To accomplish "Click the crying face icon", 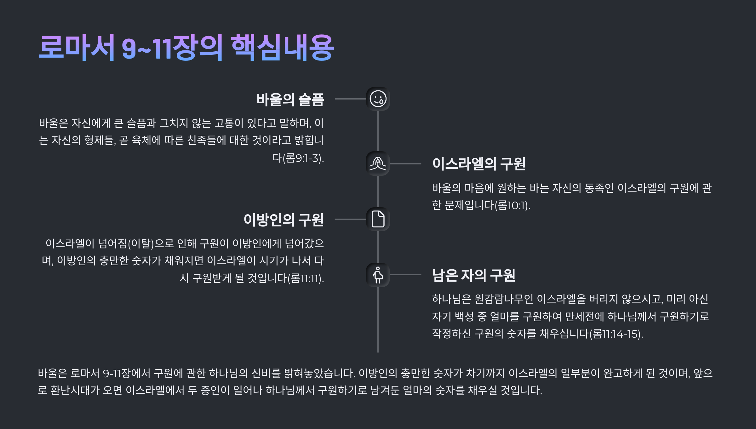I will tap(378, 99).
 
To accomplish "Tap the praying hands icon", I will tap(378, 163).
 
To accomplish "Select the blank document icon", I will tap(378, 219).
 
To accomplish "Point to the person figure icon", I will tap(378, 275).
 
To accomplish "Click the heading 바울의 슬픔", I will tap(290, 100).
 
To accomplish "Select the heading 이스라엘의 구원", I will tap(478, 164).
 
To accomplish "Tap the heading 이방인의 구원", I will tap(283, 220).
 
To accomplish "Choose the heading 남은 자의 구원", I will tap(473, 275).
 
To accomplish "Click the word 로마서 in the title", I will tap(77, 48).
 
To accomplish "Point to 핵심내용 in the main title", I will tap(282, 48).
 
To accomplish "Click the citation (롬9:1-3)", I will tap(303, 158).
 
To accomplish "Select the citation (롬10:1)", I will tap(513, 206).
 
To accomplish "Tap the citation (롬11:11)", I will tap(306, 278).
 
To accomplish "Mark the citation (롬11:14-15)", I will tap(616, 334).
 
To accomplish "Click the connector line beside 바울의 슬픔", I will tap(350, 99).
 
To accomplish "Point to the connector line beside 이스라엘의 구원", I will tap(405, 164).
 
